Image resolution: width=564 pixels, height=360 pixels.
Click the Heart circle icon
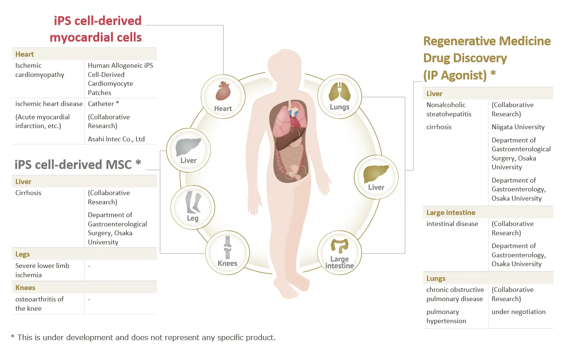click(223, 96)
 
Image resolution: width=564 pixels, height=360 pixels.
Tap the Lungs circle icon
click(340, 96)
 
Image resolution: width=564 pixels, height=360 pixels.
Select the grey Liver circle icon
click(188, 151)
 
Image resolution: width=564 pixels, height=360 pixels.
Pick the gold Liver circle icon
click(376, 177)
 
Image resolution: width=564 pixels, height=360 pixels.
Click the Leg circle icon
click(193, 208)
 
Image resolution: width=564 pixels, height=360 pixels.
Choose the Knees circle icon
click(227, 253)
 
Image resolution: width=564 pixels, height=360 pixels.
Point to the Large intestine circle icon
click(340, 253)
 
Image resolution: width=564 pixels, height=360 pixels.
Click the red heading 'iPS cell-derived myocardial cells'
click(96, 29)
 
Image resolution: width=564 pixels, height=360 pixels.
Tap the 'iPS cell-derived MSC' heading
click(78, 165)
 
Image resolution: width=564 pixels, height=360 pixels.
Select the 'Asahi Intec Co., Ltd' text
click(116, 139)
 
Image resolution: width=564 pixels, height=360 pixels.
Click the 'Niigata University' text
click(518, 127)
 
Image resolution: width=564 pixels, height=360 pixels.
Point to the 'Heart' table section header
click(24, 54)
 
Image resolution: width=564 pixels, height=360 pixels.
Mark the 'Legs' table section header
click(22, 254)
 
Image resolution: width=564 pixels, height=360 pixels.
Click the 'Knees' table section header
click(25, 287)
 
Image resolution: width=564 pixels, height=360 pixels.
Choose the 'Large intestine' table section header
click(451, 213)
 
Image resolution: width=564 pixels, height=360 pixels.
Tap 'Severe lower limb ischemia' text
click(42, 270)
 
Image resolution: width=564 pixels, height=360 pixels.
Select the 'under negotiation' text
click(518, 312)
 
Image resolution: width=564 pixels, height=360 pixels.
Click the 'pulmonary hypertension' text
click(446, 316)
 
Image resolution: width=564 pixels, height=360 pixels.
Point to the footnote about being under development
click(143, 337)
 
